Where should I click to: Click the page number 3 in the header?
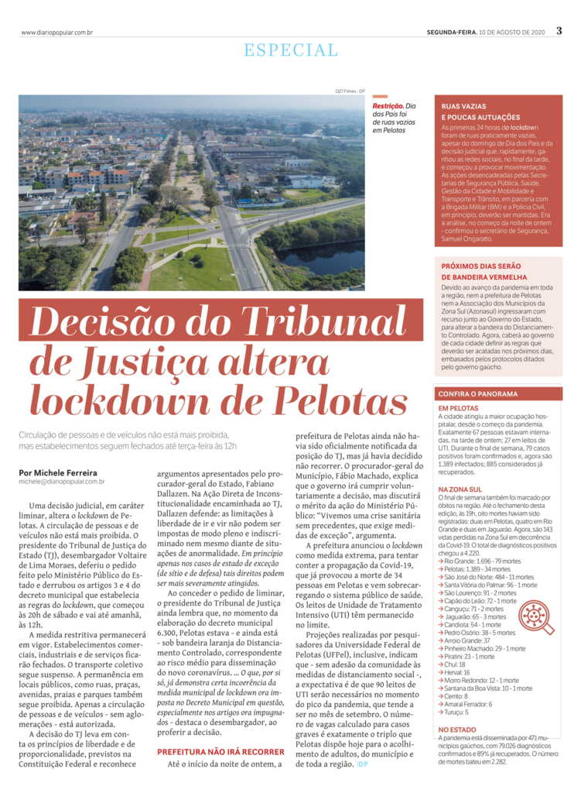pos(559,32)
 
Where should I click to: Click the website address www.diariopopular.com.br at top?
pos(57,33)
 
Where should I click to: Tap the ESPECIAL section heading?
pos(290,51)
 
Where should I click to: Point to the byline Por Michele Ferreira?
pos(58,472)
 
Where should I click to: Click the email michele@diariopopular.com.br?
pos(62,482)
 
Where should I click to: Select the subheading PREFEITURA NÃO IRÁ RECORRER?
pos(220,751)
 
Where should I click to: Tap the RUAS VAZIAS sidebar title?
pos(464,105)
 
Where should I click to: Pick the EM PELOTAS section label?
pos(458,408)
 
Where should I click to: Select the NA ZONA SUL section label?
pos(460,489)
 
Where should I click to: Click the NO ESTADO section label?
pos(456,729)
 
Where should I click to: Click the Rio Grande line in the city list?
pos(480,561)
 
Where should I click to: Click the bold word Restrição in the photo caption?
pos(388,106)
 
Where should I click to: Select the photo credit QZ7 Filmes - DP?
pos(350,90)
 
